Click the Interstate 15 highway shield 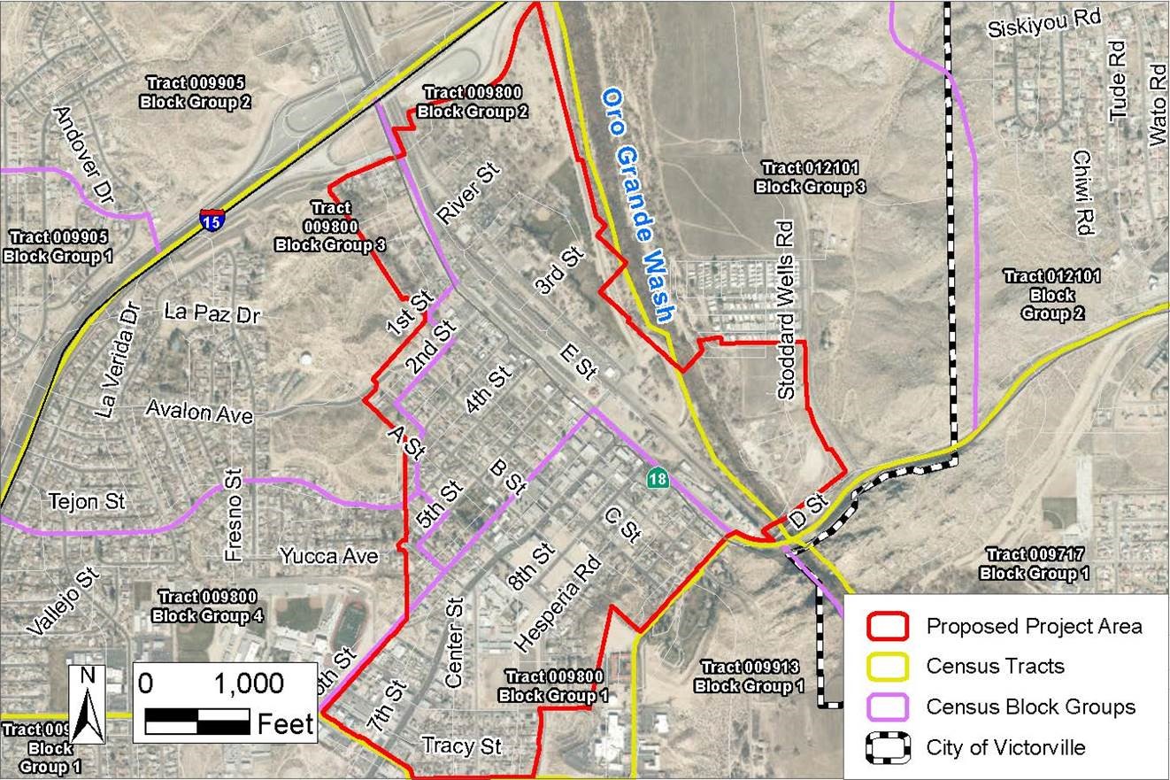click(212, 220)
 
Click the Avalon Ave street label click(199, 413)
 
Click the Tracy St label click(462, 745)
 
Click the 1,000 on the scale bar click(249, 683)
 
